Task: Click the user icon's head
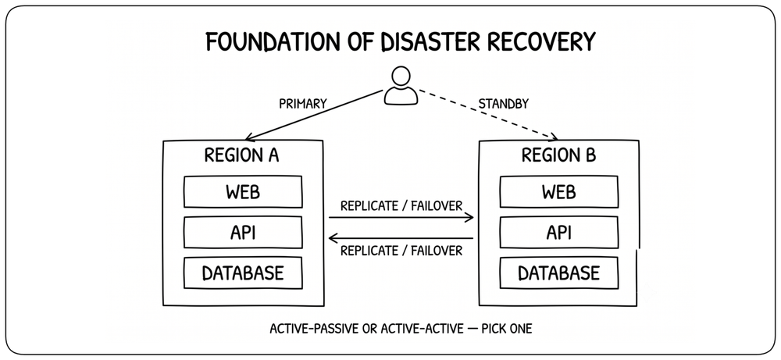pos(401,77)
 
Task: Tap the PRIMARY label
pos(303,104)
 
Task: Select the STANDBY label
pos(503,104)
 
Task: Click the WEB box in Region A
pos(243,191)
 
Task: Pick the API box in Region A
pos(243,232)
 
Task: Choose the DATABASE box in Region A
pos(243,273)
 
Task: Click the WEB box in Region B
pos(559,191)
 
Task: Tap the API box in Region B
pos(559,232)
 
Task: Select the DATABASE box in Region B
pos(559,273)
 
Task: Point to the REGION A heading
pos(241,155)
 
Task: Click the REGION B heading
pos(558,155)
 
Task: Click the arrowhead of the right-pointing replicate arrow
pos(469,217)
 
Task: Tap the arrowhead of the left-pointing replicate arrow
pos(333,238)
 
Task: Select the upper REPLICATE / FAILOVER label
pos(401,206)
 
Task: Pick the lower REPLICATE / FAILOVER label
pos(401,250)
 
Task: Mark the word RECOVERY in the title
pos(549,42)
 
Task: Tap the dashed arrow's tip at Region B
pos(558,140)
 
